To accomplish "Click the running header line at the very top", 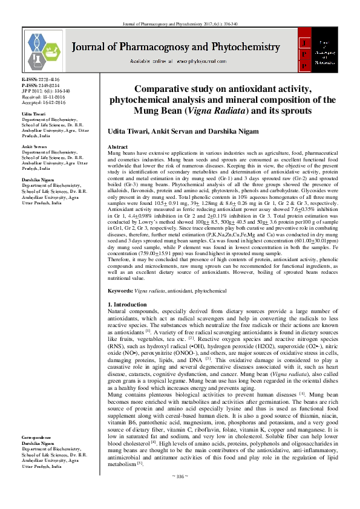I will pos(180,7).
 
